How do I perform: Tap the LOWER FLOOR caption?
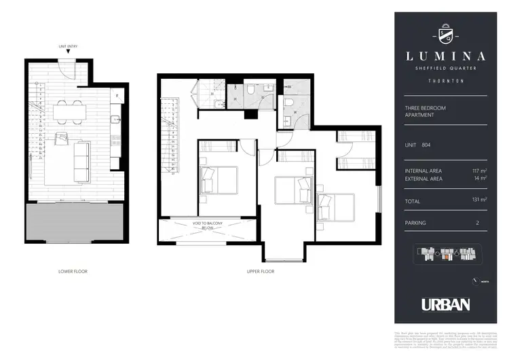coord(73,271)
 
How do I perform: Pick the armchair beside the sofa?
coord(62,139)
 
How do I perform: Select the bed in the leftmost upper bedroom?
coord(217,181)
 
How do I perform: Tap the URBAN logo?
coord(446,304)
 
